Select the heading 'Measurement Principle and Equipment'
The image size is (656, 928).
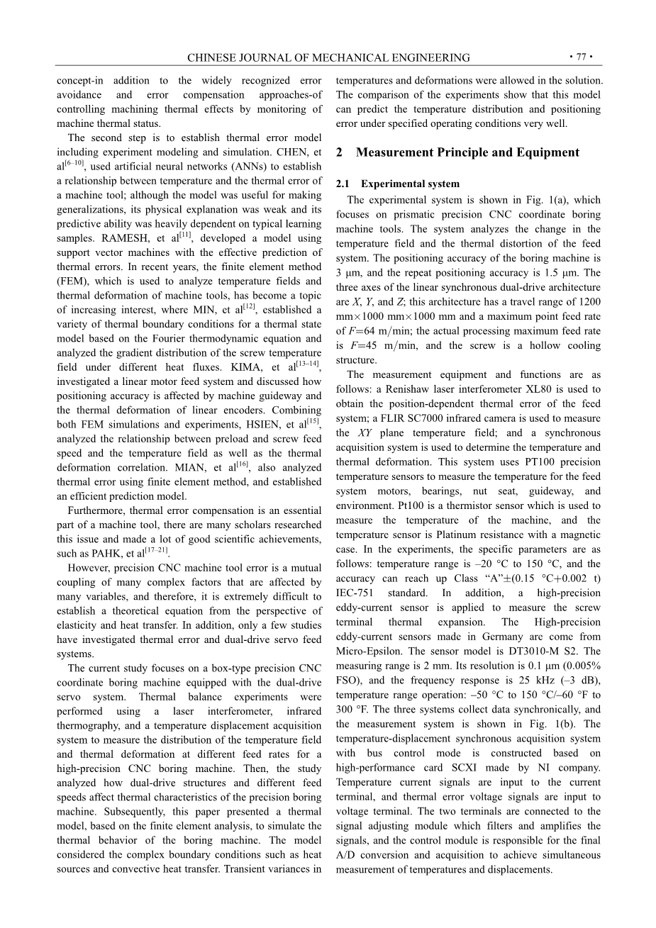pyautogui.click(x=467, y=152)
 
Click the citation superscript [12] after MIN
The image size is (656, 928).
pyautogui.click(x=249, y=307)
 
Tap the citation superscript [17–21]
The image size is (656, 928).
pyautogui.click(x=157, y=550)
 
